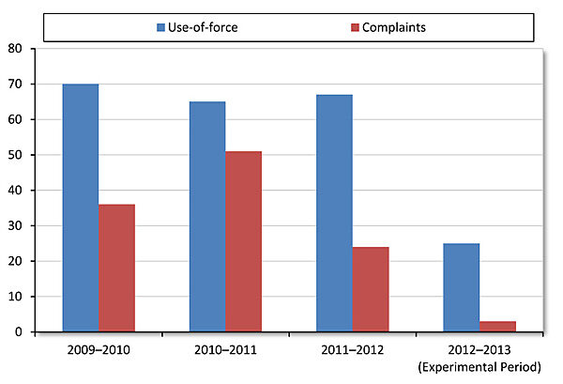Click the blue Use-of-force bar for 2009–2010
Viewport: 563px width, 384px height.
pos(80,207)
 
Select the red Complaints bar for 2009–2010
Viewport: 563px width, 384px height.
pos(116,268)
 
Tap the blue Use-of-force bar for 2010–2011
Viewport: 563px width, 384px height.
pos(207,216)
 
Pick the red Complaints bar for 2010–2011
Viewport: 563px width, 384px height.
pos(244,241)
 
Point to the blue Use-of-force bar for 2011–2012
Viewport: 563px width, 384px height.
pos(334,213)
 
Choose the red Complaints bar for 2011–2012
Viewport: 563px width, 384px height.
pos(371,289)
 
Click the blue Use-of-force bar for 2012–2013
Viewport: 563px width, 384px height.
pos(462,287)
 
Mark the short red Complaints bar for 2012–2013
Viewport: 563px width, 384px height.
pos(497,327)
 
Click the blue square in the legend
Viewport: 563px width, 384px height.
pos(160,27)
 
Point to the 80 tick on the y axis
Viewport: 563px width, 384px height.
pos(16,49)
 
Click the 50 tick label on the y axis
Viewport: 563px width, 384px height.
pos(16,155)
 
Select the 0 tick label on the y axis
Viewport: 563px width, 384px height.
pos(20,331)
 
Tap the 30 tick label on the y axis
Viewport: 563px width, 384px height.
pos(16,225)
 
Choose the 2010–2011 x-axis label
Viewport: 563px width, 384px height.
pos(225,350)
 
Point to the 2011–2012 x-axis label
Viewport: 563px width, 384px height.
pos(353,350)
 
